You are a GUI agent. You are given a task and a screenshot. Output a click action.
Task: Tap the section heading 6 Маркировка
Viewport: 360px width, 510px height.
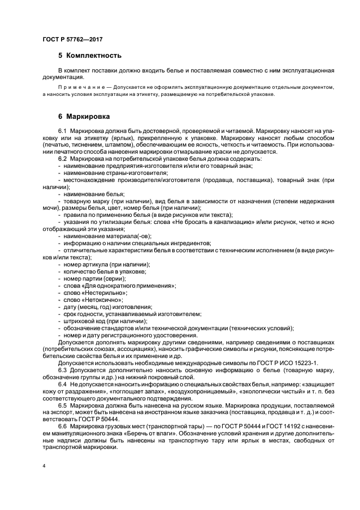pos(84,117)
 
